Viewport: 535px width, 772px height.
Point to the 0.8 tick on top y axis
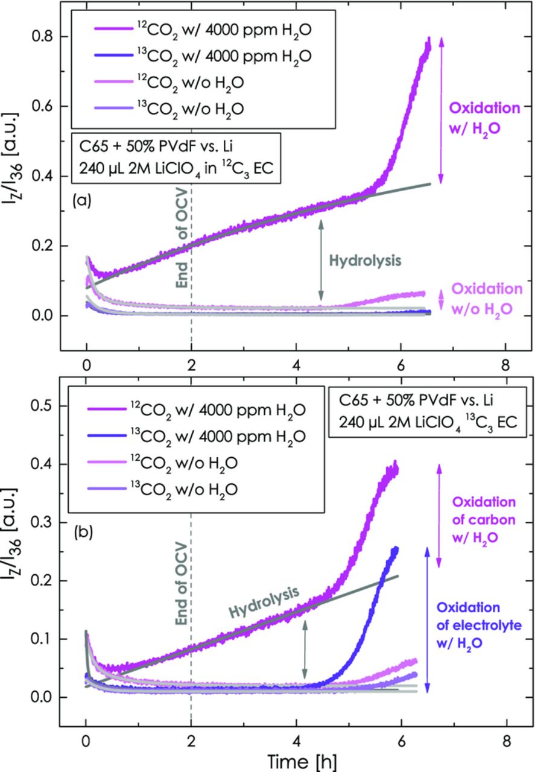tap(43, 37)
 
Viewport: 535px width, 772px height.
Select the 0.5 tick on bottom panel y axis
tap(43, 407)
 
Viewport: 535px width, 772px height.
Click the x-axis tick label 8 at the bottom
tap(505, 740)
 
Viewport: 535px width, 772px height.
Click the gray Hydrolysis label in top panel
tap(365, 262)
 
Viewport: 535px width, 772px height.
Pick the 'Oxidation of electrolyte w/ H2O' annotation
tap(476, 625)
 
